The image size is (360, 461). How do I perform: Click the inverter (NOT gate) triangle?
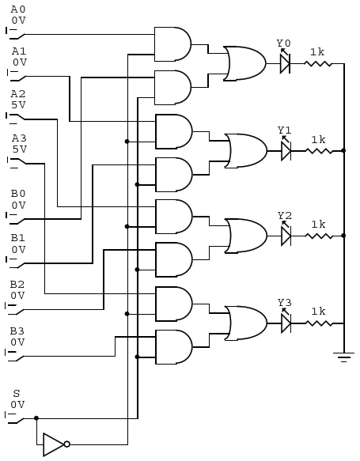click(53, 444)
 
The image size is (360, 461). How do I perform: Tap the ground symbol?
click(343, 357)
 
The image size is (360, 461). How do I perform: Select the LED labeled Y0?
click(285, 63)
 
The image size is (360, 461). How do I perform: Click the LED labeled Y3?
click(286, 323)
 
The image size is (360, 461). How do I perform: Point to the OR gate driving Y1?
click(246, 151)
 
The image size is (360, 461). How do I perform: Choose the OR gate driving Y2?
click(246, 236)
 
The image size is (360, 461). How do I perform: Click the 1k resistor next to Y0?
click(317, 63)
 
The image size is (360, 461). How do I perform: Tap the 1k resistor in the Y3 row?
click(319, 323)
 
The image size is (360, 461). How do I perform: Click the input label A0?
click(18, 9)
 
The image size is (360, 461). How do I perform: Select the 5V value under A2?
click(18, 105)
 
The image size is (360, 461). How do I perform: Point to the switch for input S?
click(15, 418)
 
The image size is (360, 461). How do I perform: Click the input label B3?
click(17, 331)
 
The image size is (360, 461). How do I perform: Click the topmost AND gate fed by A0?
click(172, 44)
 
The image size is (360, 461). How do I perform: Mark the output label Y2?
click(285, 216)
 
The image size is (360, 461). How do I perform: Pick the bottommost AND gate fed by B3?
click(174, 347)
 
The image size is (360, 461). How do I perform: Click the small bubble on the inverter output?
click(66, 444)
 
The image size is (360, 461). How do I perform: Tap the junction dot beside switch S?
click(36, 418)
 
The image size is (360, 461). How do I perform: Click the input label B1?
click(18, 237)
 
